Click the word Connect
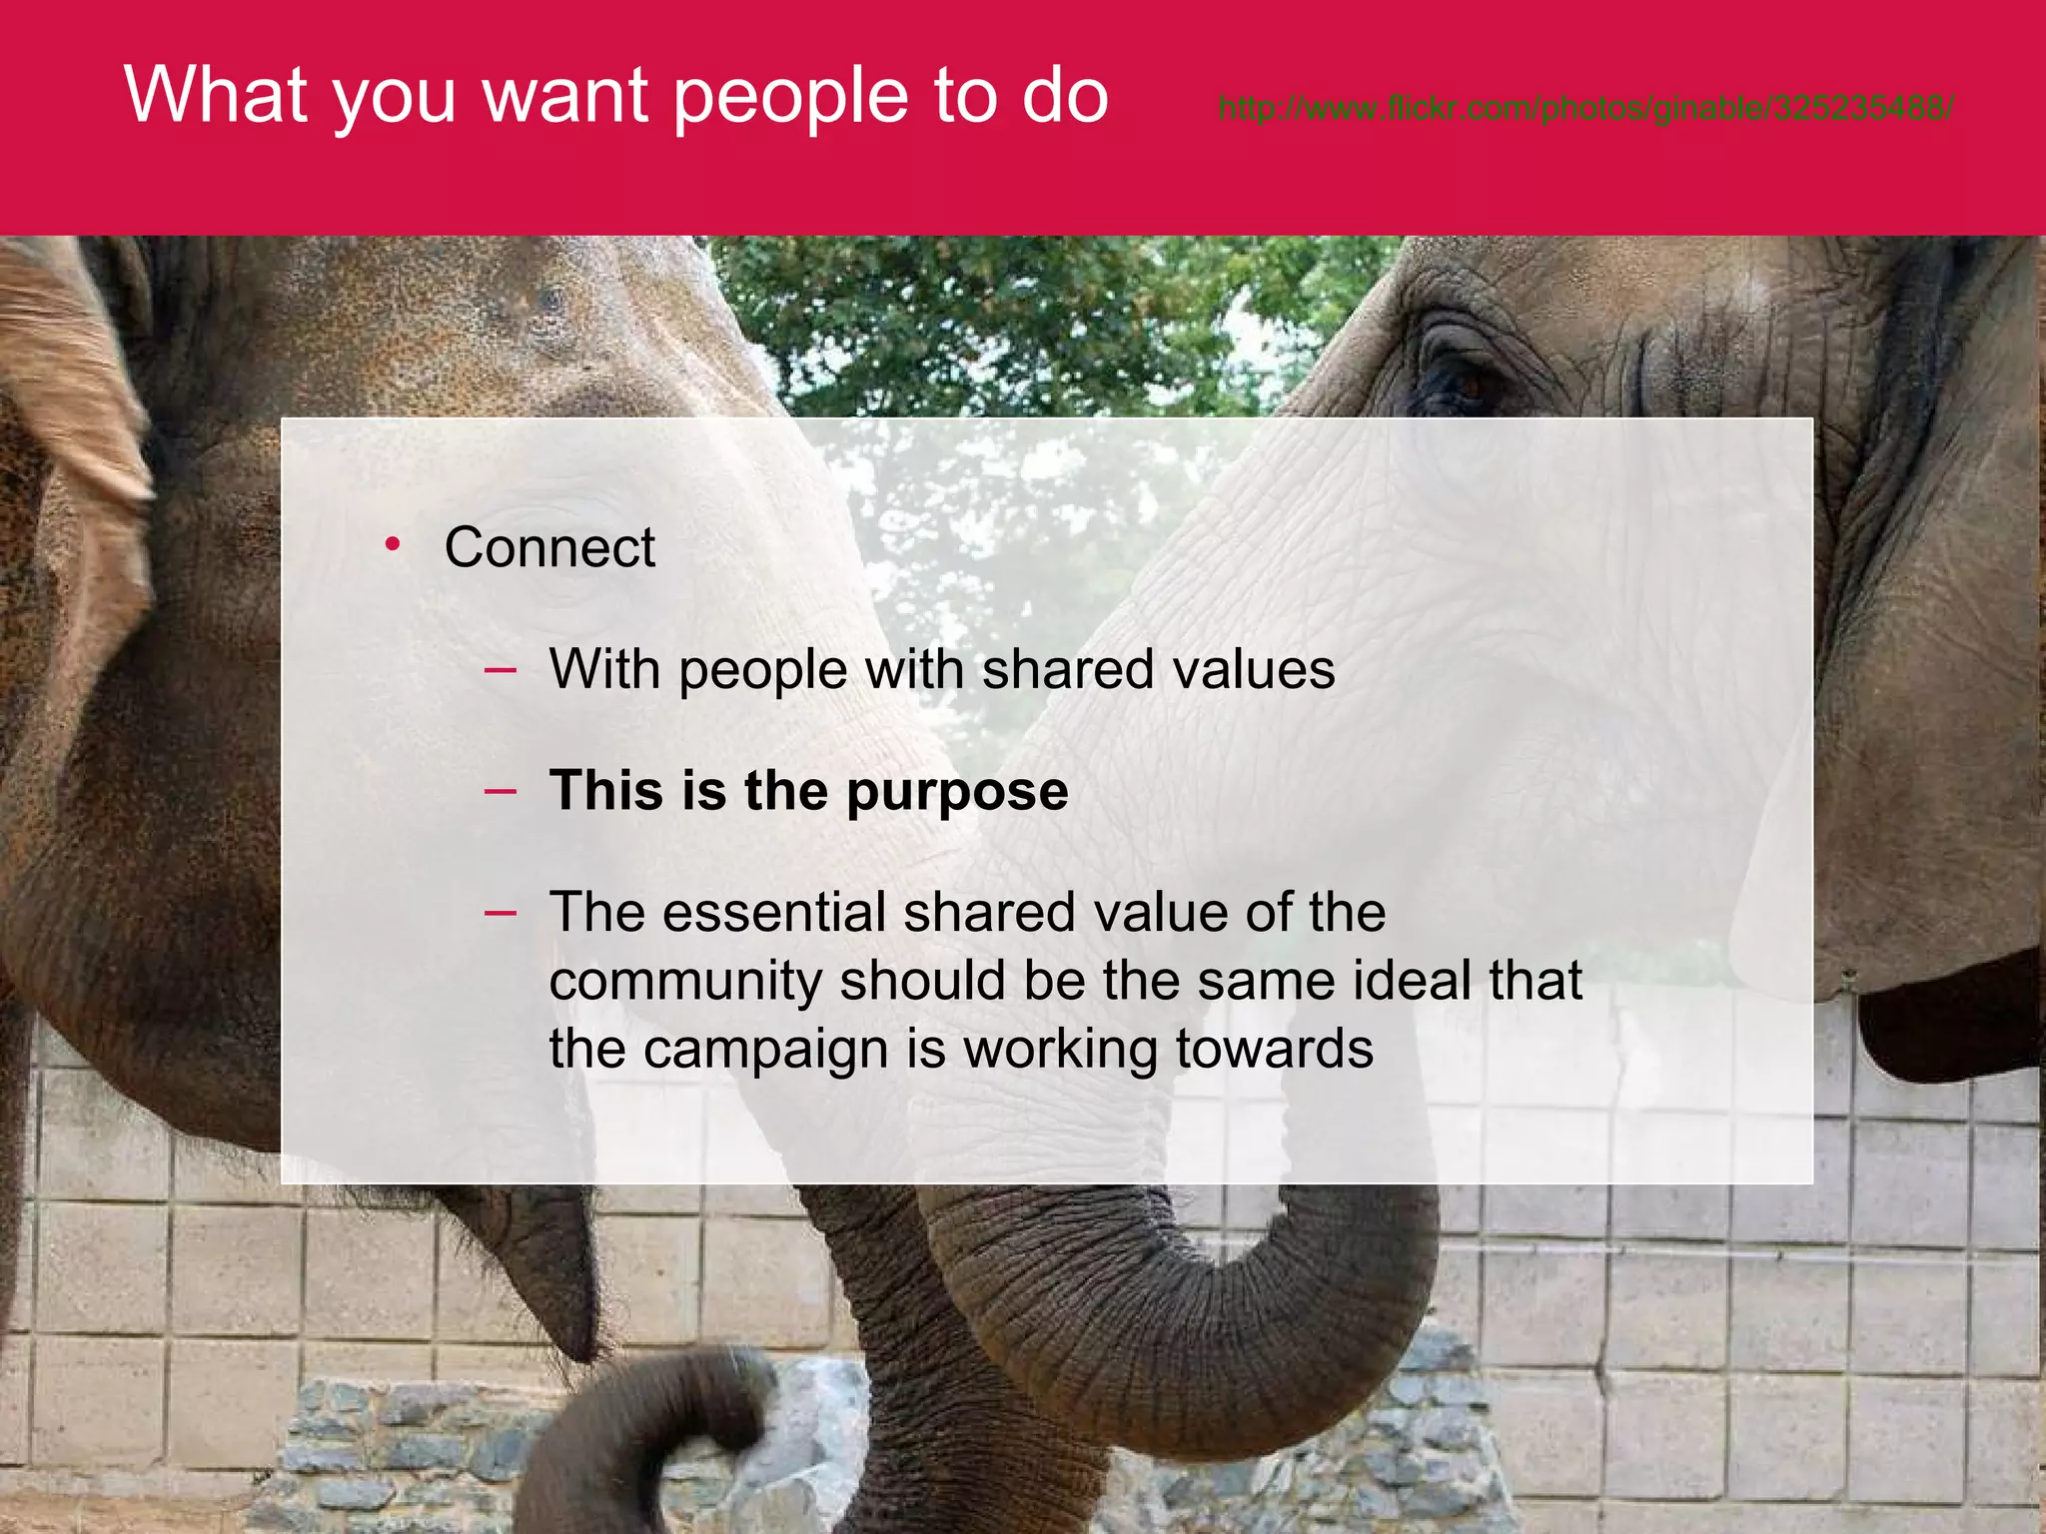pyautogui.click(x=549, y=547)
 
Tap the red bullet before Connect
pyautogui.click(x=393, y=543)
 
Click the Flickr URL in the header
pyautogui.click(x=1585, y=108)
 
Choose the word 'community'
pyautogui.click(x=685, y=981)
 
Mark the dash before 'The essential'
pyautogui.click(x=500, y=912)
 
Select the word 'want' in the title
pyautogui.click(x=565, y=97)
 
